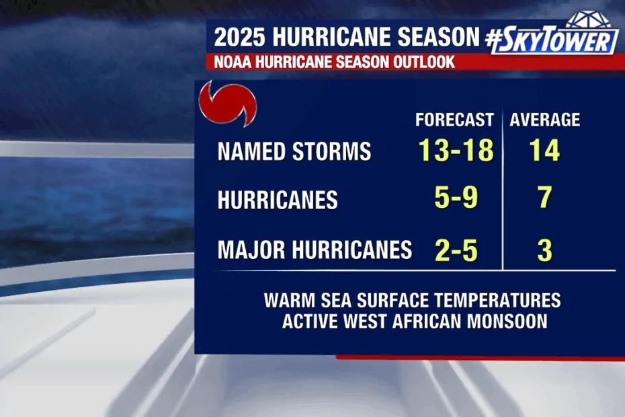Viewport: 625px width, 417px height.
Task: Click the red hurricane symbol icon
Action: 228,104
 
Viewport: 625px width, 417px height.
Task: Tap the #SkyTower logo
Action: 552,34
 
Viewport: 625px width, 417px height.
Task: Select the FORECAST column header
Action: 454,120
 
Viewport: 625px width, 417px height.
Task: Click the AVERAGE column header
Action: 545,120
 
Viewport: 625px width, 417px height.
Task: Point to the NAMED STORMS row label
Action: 294,151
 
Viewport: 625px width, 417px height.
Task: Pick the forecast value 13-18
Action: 456,151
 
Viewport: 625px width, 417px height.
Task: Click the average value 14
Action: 544,151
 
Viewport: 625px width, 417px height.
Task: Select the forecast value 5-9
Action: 456,197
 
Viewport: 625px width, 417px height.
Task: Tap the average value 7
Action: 545,197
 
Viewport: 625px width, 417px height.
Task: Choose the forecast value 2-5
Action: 456,251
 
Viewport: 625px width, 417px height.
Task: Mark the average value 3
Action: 545,251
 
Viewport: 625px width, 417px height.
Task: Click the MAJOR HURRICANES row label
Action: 315,250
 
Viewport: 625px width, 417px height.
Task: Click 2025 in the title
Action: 239,37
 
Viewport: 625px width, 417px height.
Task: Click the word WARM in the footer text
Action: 290,301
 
